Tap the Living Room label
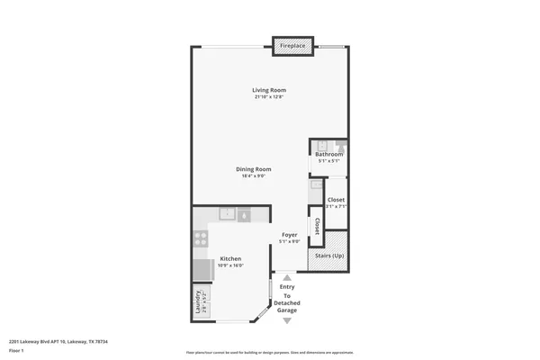269,89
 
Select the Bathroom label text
328,155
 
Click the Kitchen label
230,258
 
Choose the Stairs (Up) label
328,256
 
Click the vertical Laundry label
196,303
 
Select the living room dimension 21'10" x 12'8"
269,96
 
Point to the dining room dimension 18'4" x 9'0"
254,176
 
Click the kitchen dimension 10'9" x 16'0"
230,265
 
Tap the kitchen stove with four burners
201,239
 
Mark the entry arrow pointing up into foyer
287,278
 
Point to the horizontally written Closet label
336,199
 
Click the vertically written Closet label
316,225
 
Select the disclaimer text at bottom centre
270,351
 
